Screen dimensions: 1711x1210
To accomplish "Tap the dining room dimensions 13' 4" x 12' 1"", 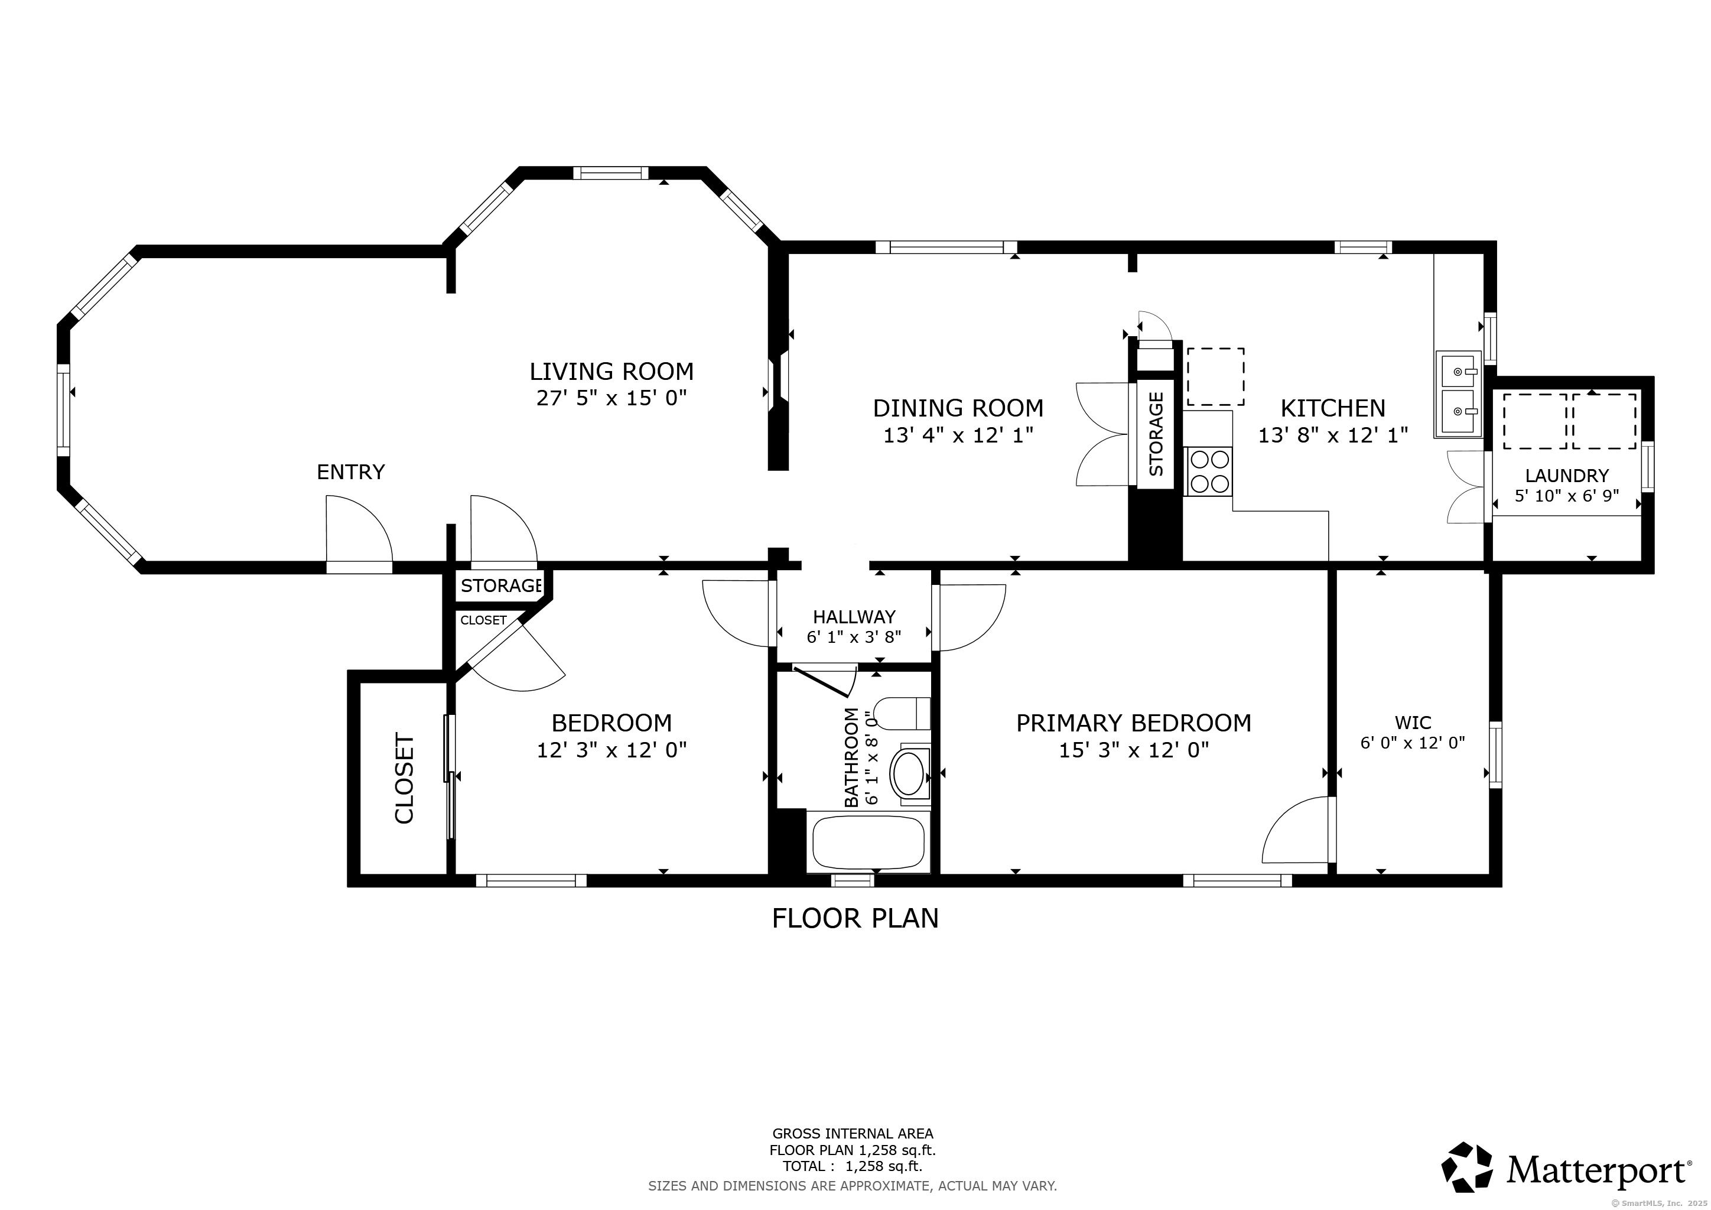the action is (958, 435).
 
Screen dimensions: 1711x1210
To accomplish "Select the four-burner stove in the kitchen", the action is (1209, 471).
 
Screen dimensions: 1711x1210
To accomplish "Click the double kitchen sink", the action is (1458, 394).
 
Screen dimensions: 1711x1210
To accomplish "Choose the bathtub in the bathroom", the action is (868, 843).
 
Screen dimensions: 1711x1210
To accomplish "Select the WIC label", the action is (1413, 723).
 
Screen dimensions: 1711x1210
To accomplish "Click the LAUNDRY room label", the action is (1566, 476).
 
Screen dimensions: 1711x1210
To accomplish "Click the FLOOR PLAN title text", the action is (855, 919).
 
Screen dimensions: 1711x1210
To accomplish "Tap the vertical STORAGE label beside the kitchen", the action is (1156, 434).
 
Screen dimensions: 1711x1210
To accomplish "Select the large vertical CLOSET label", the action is (404, 779).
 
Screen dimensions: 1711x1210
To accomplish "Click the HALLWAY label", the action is (854, 617).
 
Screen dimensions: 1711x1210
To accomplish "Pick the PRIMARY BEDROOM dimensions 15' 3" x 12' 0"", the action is (1133, 750).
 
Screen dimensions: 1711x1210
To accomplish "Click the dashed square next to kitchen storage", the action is (1215, 376).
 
